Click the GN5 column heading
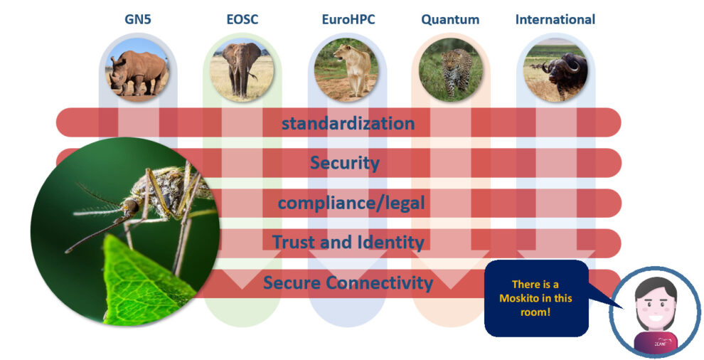pyautogui.click(x=138, y=19)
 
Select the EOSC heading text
pyautogui.click(x=242, y=19)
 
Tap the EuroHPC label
pyautogui.click(x=348, y=19)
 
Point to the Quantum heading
pyautogui.click(x=450, y=20)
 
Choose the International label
pyautogui.click(x=555, y=19)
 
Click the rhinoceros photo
pyautogui.click(x=138, y=70)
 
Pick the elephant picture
pyautogui.click(x=242, y=70)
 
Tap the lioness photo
pyautogui.click(x=346, y=70)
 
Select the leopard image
pyautogui.click(x=451, y=70)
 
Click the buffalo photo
pyautogui.click(x=555, y=70)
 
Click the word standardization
pyautogui.click(x=348, y=123)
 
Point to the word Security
pyautogui.click(x=345, y=163)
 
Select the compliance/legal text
pyautogui.click(x=351, y=203)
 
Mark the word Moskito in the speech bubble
pyautogui.click(x=535, y=298)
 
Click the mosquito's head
pyautogui.click(x=130, y=206)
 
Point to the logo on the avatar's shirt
pyautogui.click(x=663, y=342)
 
